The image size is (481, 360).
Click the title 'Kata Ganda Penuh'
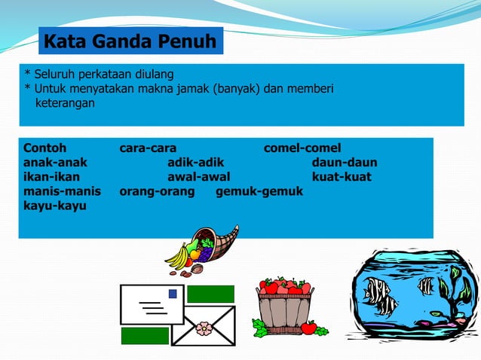pyautogui.click(x=131, y=41)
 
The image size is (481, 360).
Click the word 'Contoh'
pyautogui.click(x=45, y=148)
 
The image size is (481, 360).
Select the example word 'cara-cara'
pyautogui.click(x=149, y=148)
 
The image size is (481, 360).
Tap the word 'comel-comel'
pyautogui.click(x=302, y=148)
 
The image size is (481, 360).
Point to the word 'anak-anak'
pyautogui.click(x=55, y=162)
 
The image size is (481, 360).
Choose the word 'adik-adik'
pyautogui.click(x=196, y=162)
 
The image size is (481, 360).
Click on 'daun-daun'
pyautogui.click(x=345, y=162)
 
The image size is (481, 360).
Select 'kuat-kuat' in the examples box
pyautogui.click(x=342, y=177)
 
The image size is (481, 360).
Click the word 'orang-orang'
pyautogui.click(x=157, y=191)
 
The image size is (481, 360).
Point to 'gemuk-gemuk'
pyautogui.click(x=259, y=191)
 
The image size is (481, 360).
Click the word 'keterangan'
pyautogui.click(x=65, y=102)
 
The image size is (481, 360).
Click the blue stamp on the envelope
pyautogui.click(x=173, y=294)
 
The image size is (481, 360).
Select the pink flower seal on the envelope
pyautogui.click(x=204, y=328)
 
